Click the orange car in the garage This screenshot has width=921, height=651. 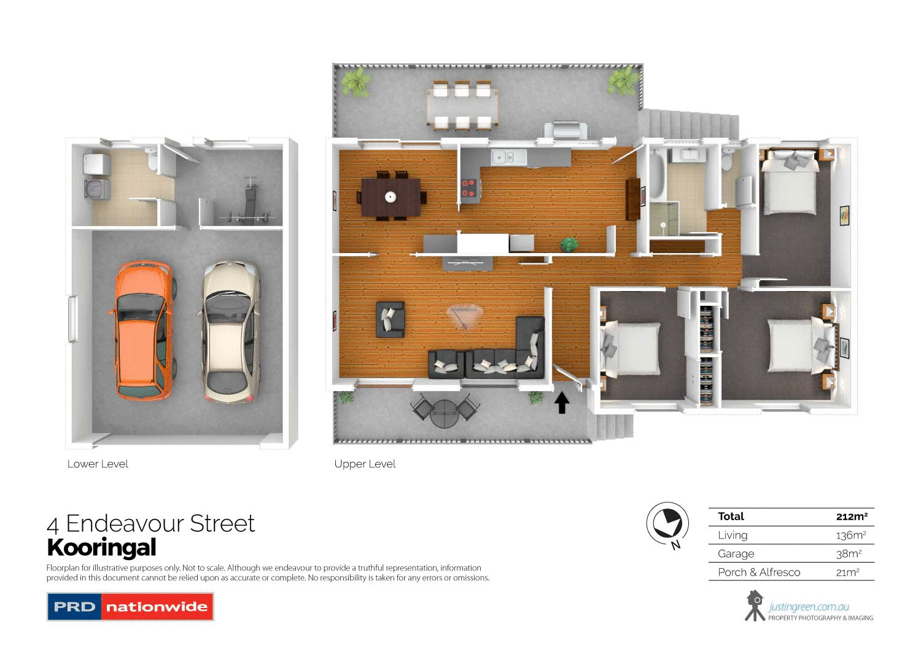coord(142,330)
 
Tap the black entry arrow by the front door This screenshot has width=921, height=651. coord(562,403)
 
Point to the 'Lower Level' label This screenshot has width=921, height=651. coord(98,464)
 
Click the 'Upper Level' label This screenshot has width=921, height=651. coord(365,464)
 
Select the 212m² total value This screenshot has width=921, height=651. coord(852,517)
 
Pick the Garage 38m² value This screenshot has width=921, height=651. coord(849,553)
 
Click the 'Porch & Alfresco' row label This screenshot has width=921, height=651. coord(759,572)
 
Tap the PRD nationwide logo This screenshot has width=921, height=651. coord(130,607)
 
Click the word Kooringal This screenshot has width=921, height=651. coord(101,547)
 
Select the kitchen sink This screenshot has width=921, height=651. coord(508,158)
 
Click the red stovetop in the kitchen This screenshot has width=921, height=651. coord(468,188)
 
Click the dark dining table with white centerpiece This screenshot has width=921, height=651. coord(391,197)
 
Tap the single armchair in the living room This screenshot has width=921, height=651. coord(390,319)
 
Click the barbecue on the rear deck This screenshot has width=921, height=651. coord(565,131)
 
